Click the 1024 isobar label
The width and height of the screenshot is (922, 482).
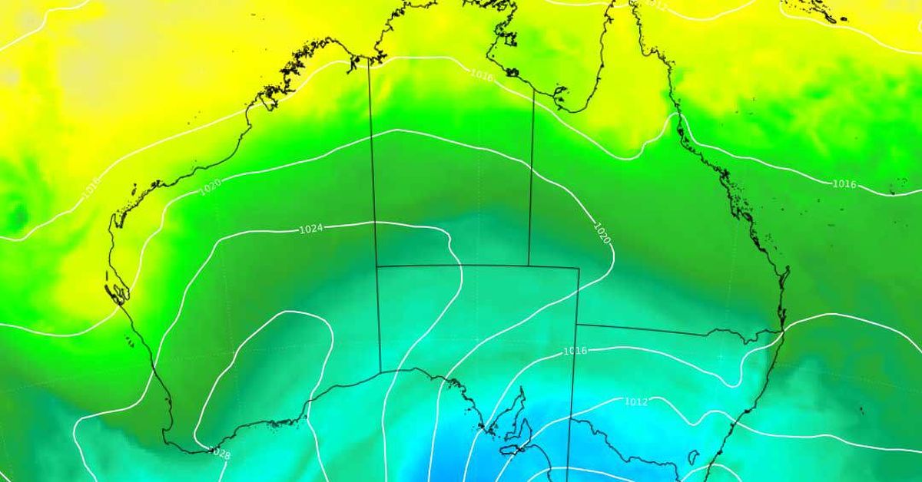310,229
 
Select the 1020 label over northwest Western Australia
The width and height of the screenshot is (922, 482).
211,186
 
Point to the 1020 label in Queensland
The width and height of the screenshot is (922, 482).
602,233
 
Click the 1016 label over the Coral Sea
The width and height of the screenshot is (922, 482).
844,184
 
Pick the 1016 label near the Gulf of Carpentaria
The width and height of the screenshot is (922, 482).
482,75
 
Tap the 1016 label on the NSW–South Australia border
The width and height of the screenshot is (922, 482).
575,351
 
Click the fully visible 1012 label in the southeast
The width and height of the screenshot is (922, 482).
635,401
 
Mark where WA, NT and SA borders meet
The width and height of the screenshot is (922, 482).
376,266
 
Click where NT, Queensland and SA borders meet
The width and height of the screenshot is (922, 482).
529,266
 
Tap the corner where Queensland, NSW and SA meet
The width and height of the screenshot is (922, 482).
576,325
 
